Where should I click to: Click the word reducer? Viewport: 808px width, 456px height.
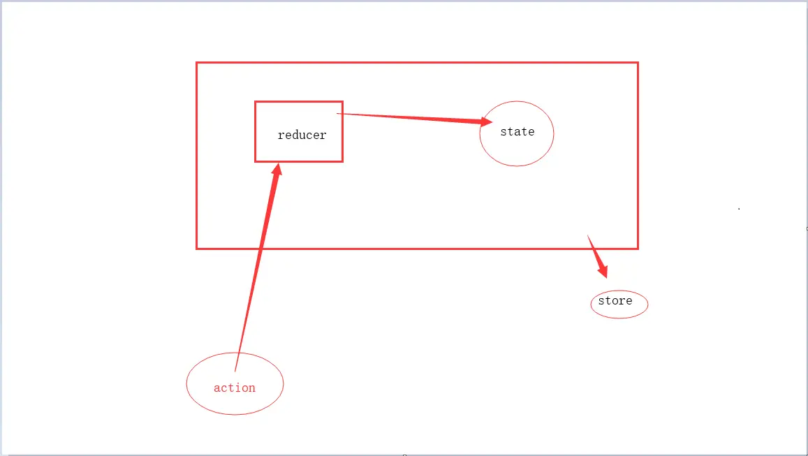point(302,135)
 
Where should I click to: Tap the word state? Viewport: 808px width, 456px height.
point(517,131)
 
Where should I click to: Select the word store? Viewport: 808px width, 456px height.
point(615,301)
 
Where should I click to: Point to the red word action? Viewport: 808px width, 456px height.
point(235,388)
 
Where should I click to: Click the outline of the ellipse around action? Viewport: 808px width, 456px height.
point(186,384)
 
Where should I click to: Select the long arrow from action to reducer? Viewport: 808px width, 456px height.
point(258,265)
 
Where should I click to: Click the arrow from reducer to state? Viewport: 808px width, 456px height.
point(412,117)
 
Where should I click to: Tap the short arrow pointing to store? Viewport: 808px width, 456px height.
point(596,254)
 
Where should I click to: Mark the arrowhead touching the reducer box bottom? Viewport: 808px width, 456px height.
point(277,171)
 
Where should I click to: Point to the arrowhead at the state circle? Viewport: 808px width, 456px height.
point(486,122)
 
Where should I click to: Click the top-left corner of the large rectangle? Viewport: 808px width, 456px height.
point(197,63)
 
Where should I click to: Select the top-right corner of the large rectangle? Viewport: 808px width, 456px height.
point(638,63)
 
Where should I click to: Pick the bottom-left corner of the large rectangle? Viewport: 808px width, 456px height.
point(197,248)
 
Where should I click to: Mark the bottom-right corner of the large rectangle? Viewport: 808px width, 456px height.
point(638,248)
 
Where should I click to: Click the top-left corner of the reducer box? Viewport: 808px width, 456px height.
point(256,102)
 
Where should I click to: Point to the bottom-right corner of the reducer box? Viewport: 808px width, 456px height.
point(342,161)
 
